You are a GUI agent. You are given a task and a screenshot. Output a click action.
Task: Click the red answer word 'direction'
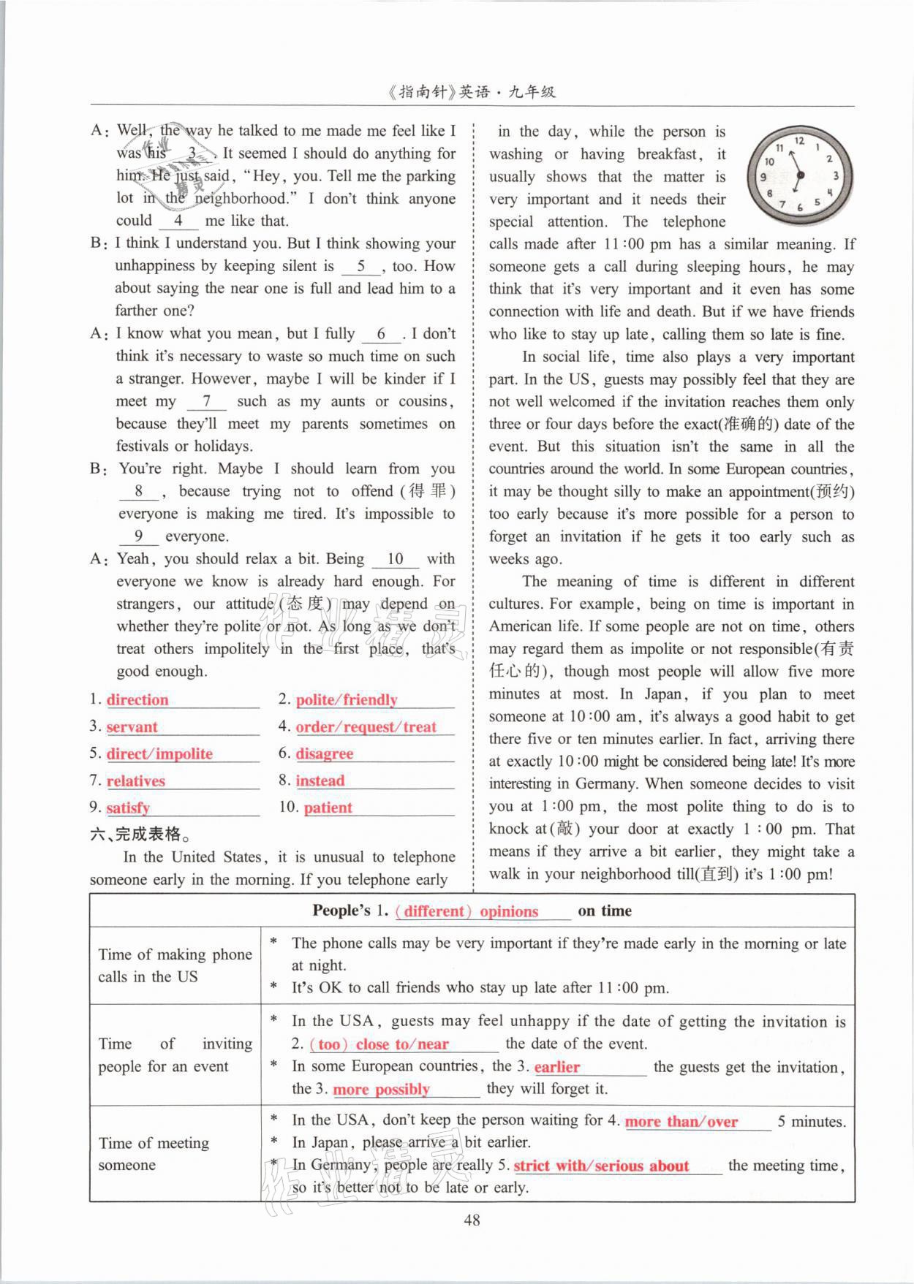tap(137, 700)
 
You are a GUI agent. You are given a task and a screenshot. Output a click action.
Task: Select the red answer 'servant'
tap(132, 727)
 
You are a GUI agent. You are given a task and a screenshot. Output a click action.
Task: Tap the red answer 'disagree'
tap(324, 754)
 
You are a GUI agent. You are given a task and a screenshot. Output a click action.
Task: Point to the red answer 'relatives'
tap(136, 781)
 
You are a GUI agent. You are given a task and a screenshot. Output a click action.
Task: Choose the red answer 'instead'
tap(320, 781)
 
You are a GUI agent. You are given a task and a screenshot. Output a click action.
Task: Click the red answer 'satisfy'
tap(128, 808)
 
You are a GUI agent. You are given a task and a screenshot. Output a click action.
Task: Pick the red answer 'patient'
tap(328, 808)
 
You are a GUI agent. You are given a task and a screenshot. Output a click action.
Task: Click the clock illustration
tap(799, 174)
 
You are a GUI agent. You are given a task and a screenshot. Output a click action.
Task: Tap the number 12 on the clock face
tap(799, 140)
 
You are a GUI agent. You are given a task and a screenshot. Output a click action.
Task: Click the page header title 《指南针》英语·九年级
tap(472, 92)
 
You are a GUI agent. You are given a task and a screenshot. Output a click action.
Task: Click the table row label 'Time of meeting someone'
tap(154, 1154)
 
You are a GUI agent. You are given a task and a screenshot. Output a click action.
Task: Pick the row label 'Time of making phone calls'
tap(175, 965)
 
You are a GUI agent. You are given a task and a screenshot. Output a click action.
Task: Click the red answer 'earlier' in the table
tap(557, 1067)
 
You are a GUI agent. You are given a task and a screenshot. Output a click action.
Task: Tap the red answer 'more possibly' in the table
tap(381, 1090)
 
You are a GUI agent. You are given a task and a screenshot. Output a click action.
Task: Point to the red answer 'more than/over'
tap(681, 1122)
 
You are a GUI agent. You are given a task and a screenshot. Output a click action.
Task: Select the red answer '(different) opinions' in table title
tap(467, 911)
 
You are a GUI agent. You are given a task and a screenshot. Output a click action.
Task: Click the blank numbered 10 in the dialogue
tap(395, 559)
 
